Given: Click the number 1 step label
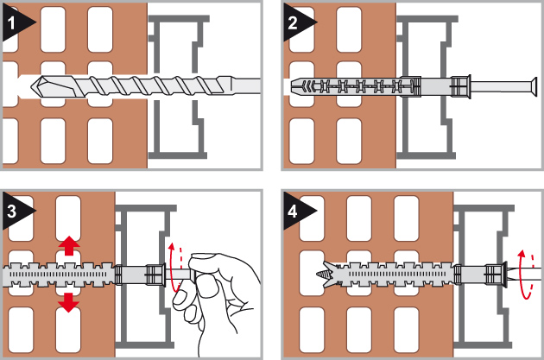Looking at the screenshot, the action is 11,23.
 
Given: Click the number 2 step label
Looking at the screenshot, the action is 293,23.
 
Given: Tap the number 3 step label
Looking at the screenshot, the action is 12,212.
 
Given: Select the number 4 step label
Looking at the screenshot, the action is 293,212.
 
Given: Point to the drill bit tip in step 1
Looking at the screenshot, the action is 32,85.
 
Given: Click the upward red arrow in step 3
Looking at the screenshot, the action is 69,245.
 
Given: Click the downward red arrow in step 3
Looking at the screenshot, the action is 69,302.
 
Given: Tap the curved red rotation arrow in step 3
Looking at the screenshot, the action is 171,267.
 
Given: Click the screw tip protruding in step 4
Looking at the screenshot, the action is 323,275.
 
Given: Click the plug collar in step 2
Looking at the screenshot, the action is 460,86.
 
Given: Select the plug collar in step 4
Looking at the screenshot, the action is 496,275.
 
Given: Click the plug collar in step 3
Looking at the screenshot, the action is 155,275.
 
